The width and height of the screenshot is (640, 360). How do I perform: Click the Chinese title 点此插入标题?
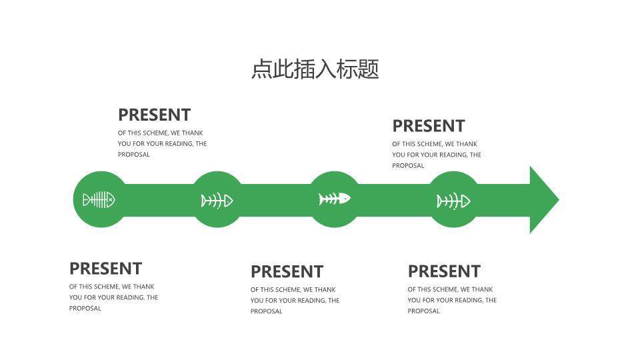coord(315,69)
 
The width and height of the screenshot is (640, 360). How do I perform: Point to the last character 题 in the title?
coord(369,69)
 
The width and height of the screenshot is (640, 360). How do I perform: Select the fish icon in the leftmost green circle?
coord(99,199)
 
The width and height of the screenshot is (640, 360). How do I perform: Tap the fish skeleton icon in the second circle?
coord(217,200)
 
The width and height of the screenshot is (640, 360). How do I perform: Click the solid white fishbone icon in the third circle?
coord(334,199)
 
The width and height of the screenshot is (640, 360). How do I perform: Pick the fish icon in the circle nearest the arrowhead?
coord(453,200)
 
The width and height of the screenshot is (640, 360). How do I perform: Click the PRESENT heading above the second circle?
coord(154,115)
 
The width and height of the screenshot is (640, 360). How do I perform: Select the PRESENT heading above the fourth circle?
coord(428,126)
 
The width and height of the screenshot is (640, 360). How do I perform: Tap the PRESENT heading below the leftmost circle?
coord(105,269)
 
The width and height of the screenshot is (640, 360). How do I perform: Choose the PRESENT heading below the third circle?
coord(287,272)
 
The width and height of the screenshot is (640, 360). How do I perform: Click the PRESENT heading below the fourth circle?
coord(444,271)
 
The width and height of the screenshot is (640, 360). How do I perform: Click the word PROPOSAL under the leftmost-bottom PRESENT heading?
coord(85,309)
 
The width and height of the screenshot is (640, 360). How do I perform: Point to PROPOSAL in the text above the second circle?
coord(134,155)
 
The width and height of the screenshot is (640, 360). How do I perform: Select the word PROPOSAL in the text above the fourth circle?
coord(408,166)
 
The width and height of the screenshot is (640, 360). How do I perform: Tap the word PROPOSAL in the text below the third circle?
coord(267,311)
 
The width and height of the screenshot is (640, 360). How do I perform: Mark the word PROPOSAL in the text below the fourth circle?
coord(424,311)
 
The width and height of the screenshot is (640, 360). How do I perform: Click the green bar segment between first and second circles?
coord(158,199)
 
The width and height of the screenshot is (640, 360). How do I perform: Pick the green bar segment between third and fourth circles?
coord(393,199)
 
